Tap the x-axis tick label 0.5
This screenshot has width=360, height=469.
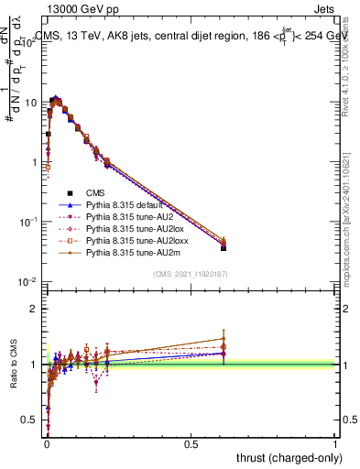pyautogui.click(x=191, y=442)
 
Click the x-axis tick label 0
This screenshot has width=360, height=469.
pyautogui.click(x=46, y=442)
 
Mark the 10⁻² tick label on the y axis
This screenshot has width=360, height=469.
pyautogui.click(x=30, y=281)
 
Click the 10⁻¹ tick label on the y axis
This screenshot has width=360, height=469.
pyautogui.click(x=30, y=222)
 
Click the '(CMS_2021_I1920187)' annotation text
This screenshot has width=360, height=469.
pyautogui.click(x=191, y=274)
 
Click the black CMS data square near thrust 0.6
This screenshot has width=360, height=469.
pyautogui.click(x=224, y=247)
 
